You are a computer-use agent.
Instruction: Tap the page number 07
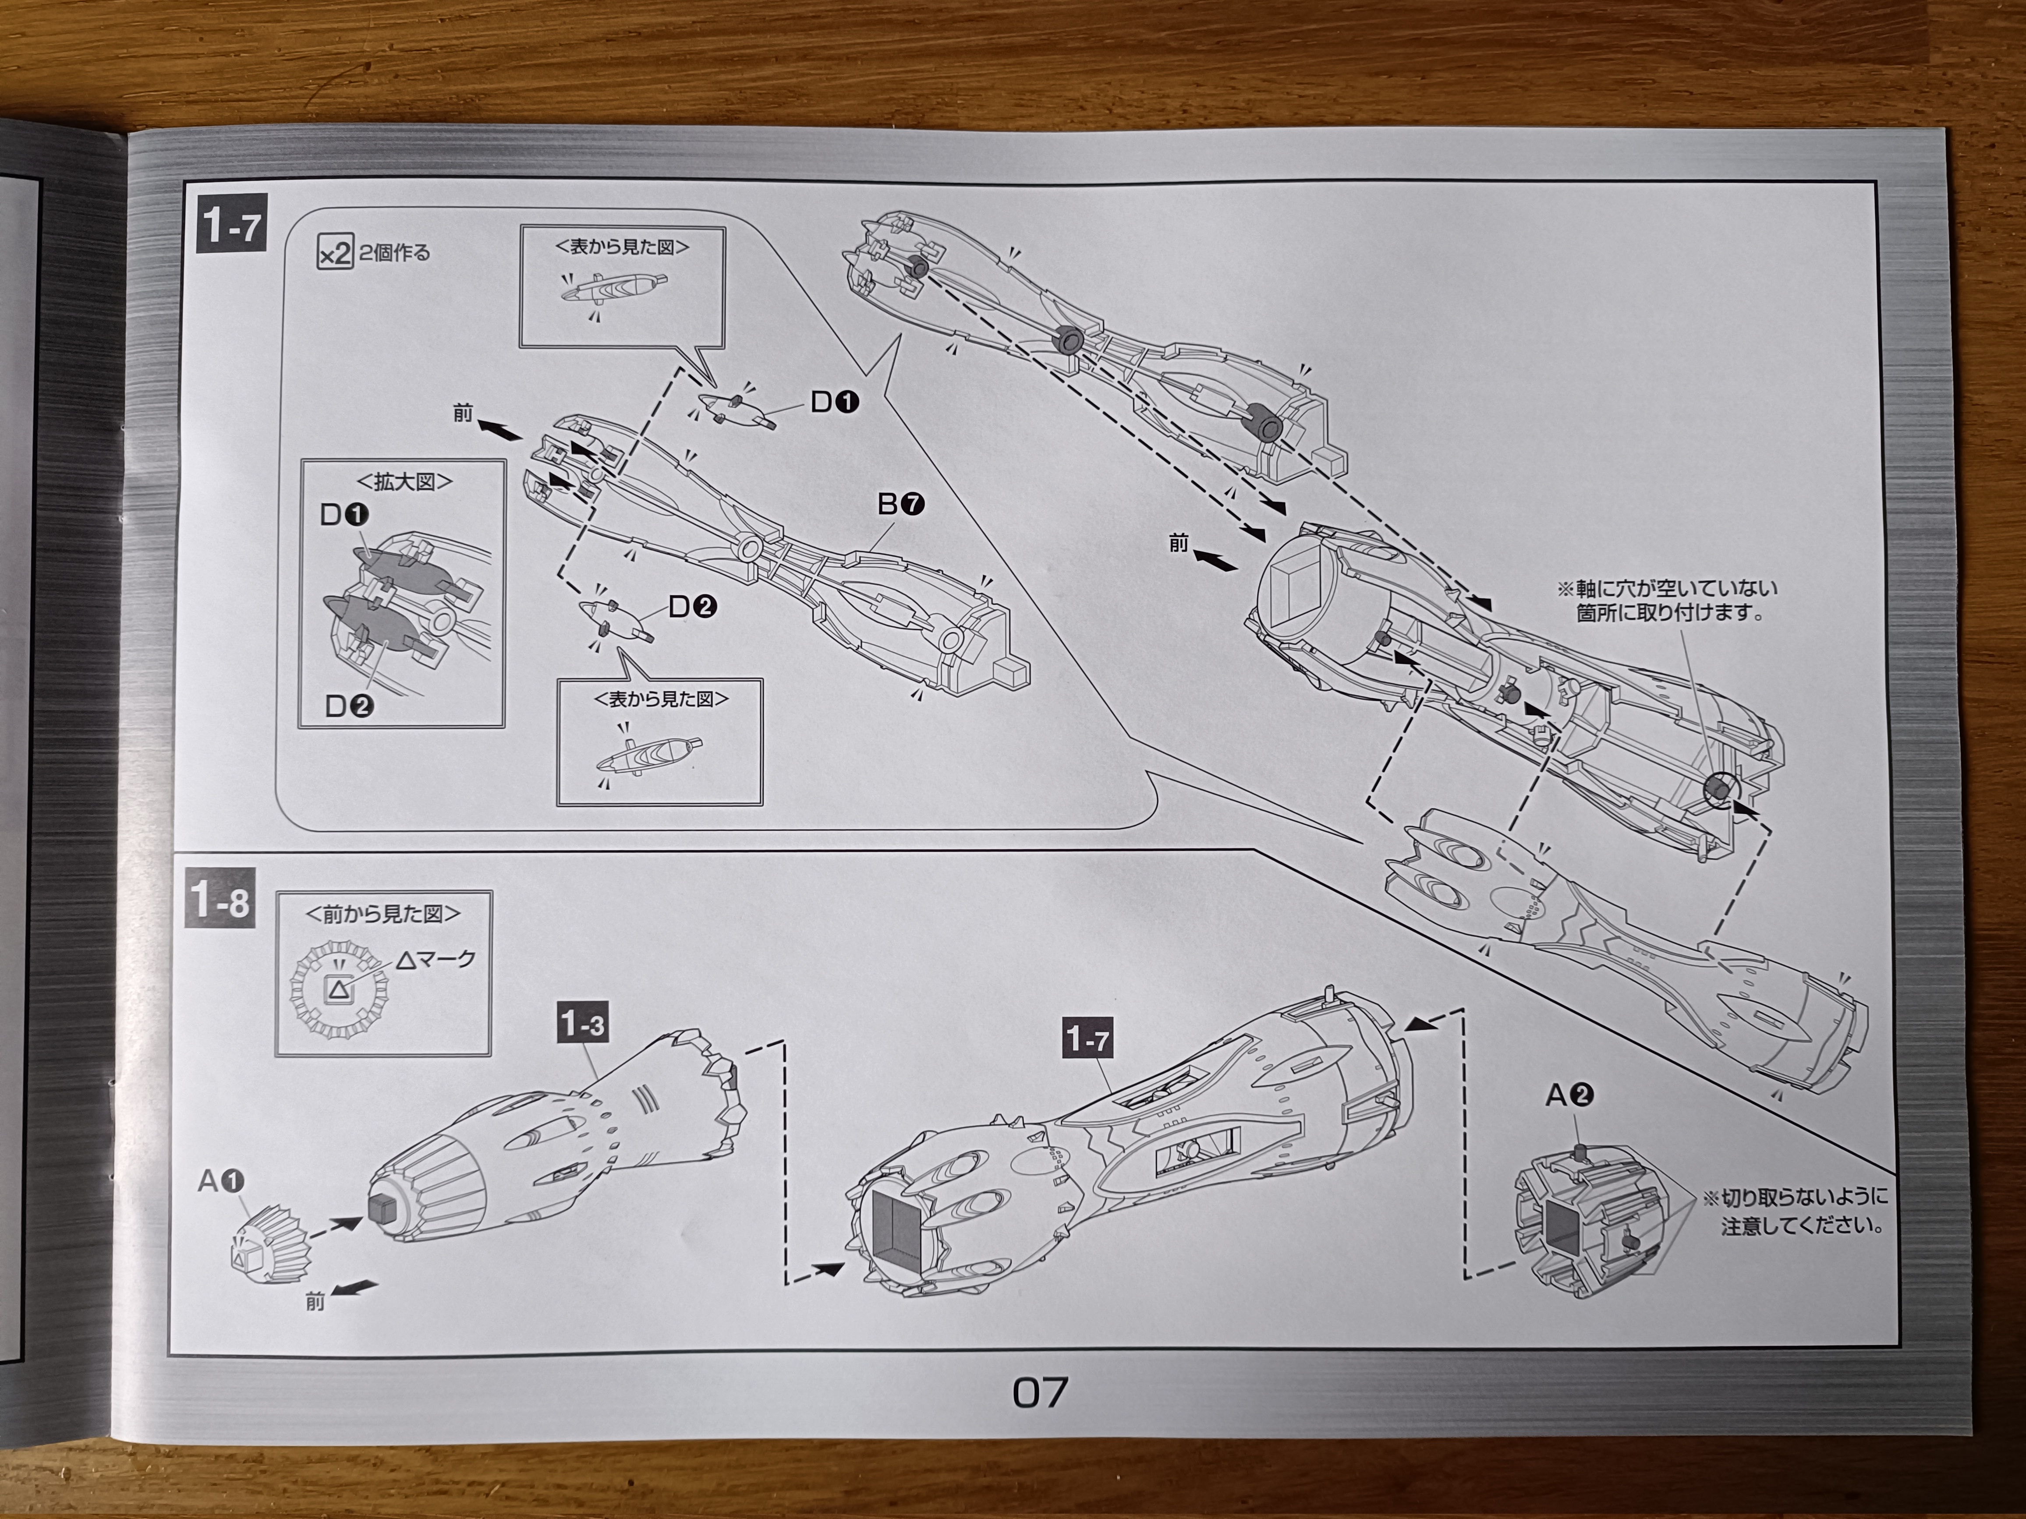(1040, 1393)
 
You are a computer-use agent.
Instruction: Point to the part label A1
(221, 1182)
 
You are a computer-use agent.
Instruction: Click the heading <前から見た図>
(383, 913)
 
